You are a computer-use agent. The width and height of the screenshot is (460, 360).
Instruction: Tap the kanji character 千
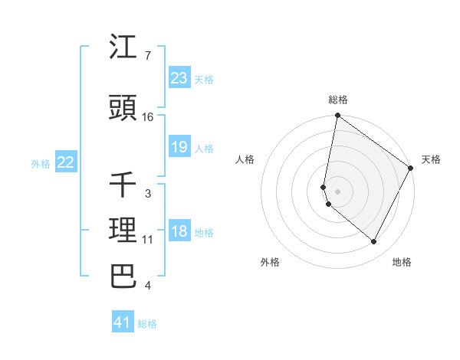(123, 185)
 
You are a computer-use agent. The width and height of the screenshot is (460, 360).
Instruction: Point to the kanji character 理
(123, 231)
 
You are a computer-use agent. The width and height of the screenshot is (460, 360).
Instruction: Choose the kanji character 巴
(123, 276)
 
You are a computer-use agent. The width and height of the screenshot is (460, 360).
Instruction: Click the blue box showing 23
(179, 78)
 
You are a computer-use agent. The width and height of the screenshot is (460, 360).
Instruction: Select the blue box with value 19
(179, 147)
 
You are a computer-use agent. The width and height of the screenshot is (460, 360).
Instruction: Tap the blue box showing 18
(179, 231)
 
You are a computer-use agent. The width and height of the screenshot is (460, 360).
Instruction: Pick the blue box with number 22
(65, 162)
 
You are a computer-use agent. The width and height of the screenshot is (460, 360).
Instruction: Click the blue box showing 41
(123, 322)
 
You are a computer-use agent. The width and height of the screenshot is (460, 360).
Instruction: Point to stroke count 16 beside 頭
(148, 117)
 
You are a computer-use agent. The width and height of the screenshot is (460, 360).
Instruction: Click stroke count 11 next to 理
(148, 240)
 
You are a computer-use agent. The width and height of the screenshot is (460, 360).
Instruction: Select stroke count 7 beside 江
(148, 56)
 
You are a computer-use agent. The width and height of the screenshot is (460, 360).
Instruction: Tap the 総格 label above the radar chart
(338, 100)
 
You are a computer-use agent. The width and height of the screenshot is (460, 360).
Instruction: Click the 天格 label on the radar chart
(431, 159)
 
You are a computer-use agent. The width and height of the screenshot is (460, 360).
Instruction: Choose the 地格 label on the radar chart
(402, 262)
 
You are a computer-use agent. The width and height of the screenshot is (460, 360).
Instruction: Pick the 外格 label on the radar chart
(270, 262)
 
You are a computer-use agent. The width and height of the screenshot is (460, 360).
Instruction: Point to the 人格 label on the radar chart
(245, 159)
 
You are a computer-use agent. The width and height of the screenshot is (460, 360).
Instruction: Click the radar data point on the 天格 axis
(411, 169)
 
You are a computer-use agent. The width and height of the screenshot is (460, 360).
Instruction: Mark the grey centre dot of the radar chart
(337, 191)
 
